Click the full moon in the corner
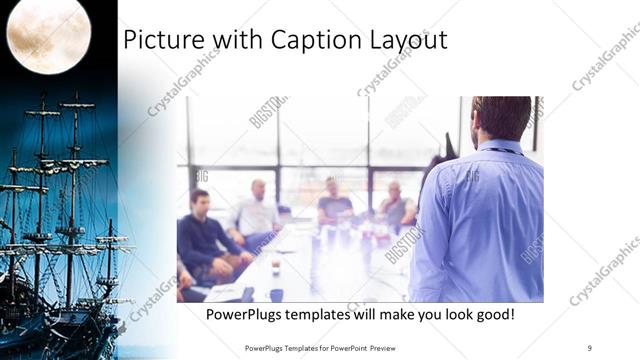pyautogui.click(x=48, y=33)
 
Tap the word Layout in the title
pyautogui.click(x=409, y=41)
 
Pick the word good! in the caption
pyautogui.click(x=494, y=315)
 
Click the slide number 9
pyautogui.click(x=589, y=348)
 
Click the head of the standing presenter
pyautogui.click(x=499, y=118)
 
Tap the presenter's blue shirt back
pyautogui.click(x=480, y=220)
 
